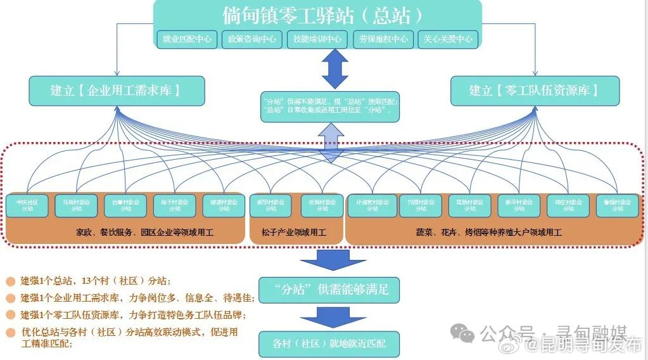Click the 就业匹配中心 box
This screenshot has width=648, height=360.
pyautogui.click(x=187, y=39)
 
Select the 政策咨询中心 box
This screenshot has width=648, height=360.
pyautogui.click(x=252, y=39)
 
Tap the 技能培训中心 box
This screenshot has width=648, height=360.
pyautogui.click(x=317, y=39)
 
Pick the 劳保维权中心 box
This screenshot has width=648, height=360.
pyautogui.click(x=383, y=39)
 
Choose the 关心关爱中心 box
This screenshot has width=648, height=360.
pyautogui.click(x=448, y=39)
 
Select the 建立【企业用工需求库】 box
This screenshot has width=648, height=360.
pyautogui.click(x=117, y=91)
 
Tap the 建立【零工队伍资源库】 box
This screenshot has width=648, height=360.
pyautogui.click(x=535, y=91)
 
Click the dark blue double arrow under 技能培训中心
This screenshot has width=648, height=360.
pyautogui.click(x=335, y=69)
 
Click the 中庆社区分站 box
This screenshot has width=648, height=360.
pyautogui.click(x=27, y=205)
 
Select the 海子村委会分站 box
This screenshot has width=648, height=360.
pyautogui.click(x=174, y=205)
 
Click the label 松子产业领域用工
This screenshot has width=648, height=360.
pyautogui.click(x=294, y=233)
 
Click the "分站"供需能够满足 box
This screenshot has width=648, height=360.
pyautogui.click(x=329, y=290)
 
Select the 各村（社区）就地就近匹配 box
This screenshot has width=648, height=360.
pyautogui.click(x=329, y=344)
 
